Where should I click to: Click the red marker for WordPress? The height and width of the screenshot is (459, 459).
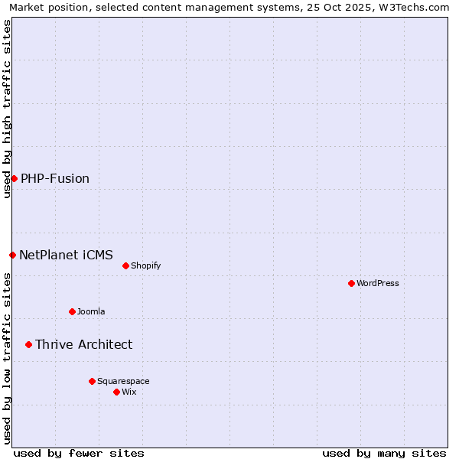(351, 283)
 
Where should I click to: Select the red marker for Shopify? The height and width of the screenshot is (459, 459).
(125, 265)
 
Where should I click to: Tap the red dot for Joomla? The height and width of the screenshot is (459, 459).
(72, 311)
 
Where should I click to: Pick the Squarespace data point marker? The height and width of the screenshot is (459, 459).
(92, 381)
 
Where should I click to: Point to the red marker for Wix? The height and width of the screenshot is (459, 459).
(116, 392)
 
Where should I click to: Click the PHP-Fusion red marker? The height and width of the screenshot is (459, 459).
(14, 178)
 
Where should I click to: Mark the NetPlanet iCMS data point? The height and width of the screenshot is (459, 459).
(12, 255)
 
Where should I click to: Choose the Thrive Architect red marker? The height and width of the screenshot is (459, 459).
(28, 344)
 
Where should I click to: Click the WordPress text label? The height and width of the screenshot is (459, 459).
(378, 283)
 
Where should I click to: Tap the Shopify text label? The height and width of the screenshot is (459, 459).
(145, 265)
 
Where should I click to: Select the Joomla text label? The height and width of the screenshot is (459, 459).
(91, 311)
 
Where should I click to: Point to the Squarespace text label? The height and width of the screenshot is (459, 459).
(123, 381)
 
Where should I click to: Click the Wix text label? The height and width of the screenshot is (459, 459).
(129, 392)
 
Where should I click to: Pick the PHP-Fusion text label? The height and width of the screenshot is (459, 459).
(55, 178)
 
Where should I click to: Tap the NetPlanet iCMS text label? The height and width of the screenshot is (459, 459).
(66, 255)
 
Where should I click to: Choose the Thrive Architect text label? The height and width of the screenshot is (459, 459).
(83, 344)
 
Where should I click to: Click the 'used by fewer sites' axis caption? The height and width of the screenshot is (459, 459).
(79, 453)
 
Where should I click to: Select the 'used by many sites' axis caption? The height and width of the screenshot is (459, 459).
(384, 453)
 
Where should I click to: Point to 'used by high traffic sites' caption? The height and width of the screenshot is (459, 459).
(7, 109)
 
